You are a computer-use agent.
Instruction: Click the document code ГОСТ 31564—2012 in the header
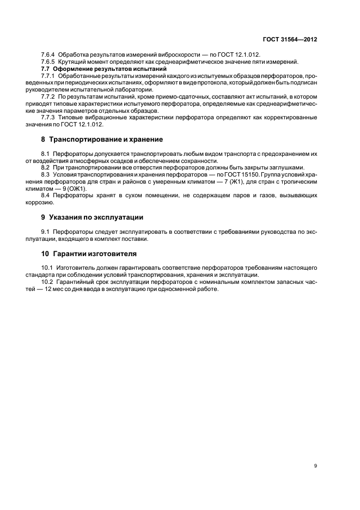point(291,40)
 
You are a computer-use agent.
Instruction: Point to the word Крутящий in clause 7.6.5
point(72,63)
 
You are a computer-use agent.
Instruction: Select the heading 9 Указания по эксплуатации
point(92,217)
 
